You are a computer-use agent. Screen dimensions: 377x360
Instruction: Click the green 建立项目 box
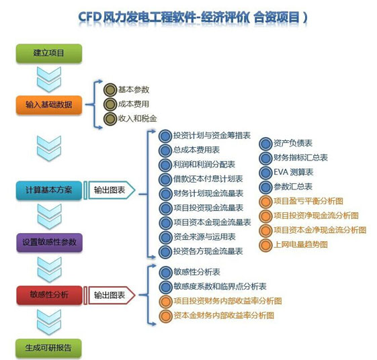click(x=49, y=53)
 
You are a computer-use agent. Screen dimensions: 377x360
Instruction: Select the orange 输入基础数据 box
click(x=49, y=105)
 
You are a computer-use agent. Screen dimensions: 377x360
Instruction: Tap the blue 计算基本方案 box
click(x=49, y=190)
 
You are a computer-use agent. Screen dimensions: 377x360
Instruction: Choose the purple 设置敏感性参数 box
click(x=49, y=242)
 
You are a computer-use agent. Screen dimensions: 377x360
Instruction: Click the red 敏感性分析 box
click(x=49, y=295)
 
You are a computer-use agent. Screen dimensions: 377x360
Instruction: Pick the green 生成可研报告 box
click(x=48, y=348)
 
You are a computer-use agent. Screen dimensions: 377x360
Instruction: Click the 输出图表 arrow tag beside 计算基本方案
click(x=112, y=190)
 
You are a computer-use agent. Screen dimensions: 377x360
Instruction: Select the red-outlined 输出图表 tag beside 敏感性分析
click(x=112, y=295)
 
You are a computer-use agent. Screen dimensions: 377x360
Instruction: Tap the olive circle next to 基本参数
click(x=110, y=89)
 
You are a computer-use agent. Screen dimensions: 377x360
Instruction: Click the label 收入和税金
click(x=137, y=118)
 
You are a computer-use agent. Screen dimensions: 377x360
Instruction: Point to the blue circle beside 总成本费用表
click(x=165, y=150)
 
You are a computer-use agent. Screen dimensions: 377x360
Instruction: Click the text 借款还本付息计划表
click(x=208, y=179)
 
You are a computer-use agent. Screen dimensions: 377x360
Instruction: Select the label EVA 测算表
click(x=293, y=173)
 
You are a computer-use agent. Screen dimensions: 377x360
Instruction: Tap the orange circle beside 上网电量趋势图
click(x=265, y=245)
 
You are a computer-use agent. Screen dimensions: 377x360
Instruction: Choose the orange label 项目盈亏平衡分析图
click(x=308, y=201)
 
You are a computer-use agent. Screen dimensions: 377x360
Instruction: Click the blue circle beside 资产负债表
click(x=265, y=144)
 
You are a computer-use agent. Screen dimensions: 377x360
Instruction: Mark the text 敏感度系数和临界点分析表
click(x=220, y=287)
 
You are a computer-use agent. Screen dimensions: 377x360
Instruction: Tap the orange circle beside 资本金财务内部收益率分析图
click(x=165, y=316)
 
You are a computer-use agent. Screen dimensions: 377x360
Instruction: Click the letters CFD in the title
click(x=89, y=17)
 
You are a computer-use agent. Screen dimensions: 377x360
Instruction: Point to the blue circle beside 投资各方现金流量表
click(x=165, y=252)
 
